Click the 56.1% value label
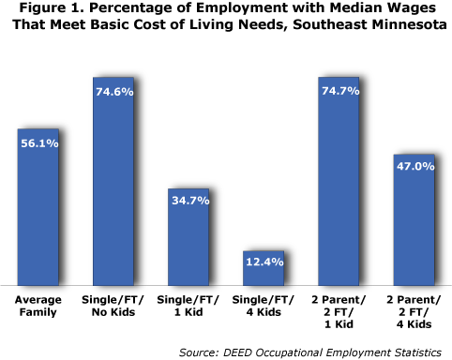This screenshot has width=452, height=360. coord(38,143)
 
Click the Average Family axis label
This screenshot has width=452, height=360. coord(38,306)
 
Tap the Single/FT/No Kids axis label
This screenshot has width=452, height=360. coord(113,306)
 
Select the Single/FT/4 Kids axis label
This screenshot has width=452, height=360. coord(263,306)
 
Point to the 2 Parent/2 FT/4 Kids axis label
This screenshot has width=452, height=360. coord(413,312)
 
